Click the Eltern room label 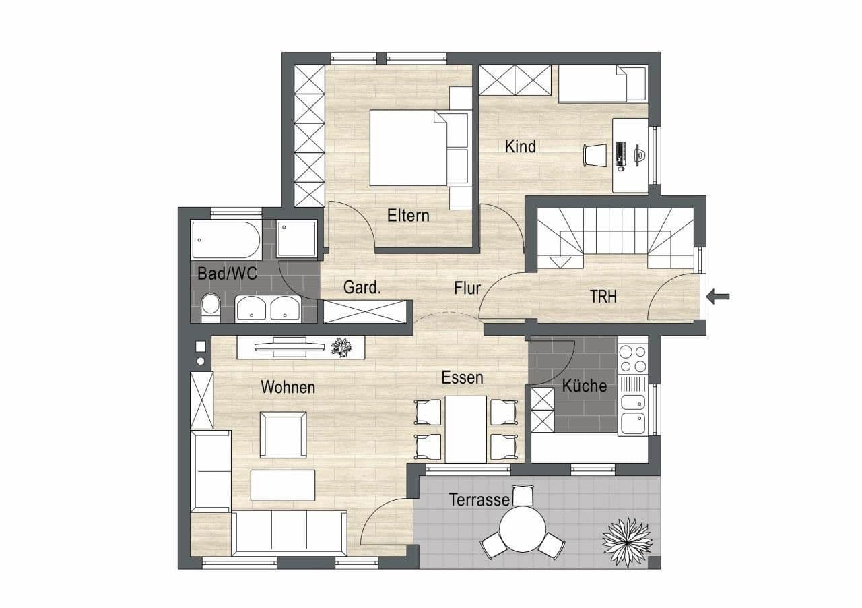408,216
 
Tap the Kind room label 521,146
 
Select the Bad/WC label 227,274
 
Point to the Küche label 584,386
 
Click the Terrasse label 479,499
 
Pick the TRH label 603,297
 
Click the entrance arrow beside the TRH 718,297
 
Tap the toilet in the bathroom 210,307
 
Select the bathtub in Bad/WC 226,240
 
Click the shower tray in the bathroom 297,239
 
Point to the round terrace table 523,529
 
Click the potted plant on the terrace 627,542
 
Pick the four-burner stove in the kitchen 633,359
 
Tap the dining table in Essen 465,429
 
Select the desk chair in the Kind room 595,155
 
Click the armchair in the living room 284,435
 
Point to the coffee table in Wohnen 283,485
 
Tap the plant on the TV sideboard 341,348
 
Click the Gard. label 362,287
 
